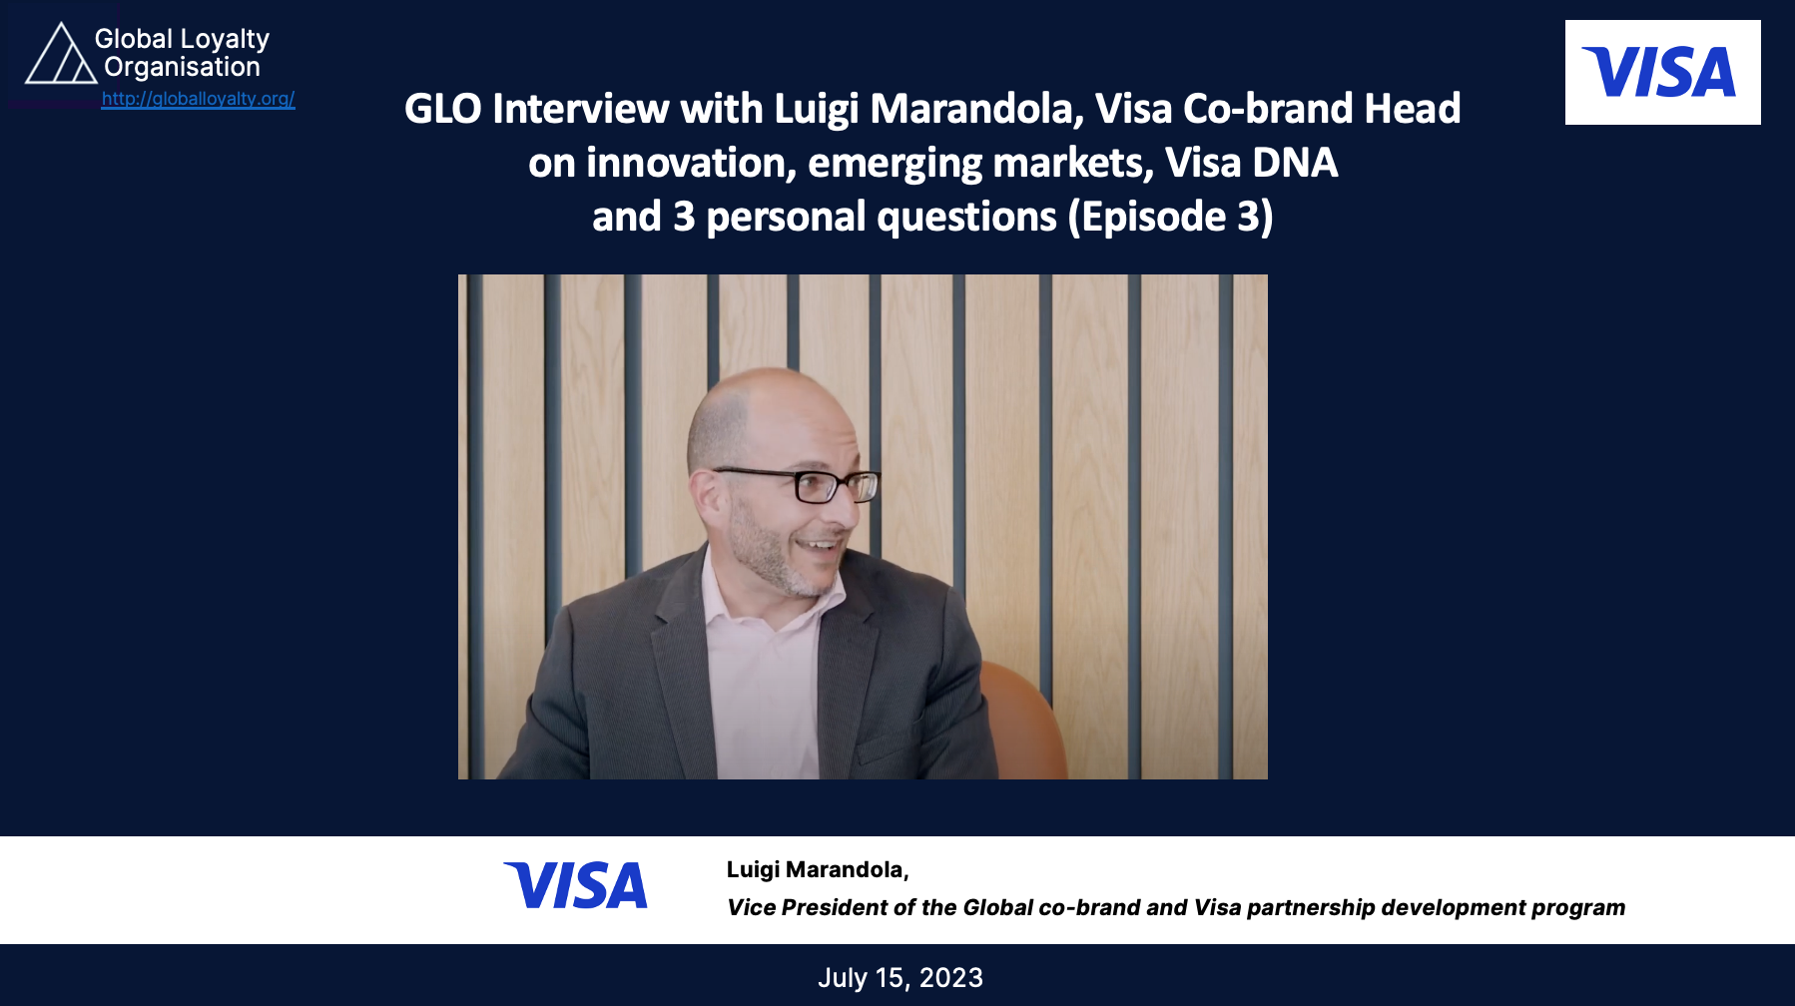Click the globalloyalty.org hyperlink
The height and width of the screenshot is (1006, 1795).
point(198,99)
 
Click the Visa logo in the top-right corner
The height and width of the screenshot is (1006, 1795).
point(1662,73)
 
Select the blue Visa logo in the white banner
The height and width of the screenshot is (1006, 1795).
point(576,886)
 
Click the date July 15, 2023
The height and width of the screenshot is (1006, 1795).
point(900,978)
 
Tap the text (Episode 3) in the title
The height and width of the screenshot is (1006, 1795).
point(1170,218)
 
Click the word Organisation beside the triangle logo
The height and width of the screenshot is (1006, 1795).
point(182,67)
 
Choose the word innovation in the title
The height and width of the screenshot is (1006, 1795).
point(690,163)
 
